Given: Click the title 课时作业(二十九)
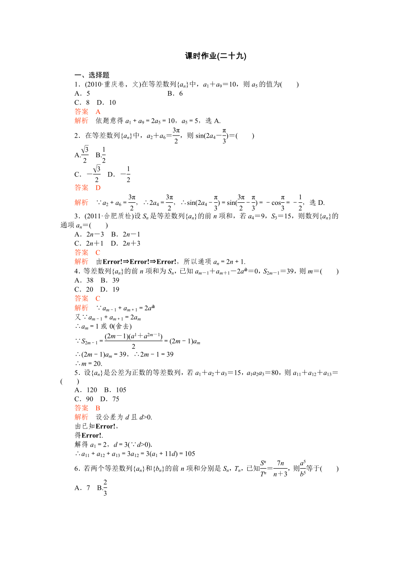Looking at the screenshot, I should pos(216,56).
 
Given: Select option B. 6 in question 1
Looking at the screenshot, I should pos(175,94).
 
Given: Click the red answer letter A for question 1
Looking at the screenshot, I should pos(98,112).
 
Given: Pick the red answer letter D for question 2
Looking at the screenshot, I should pos(98,188).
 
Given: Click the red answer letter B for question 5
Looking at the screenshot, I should pos(98,408).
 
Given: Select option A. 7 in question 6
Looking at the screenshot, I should pos(82,488).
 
